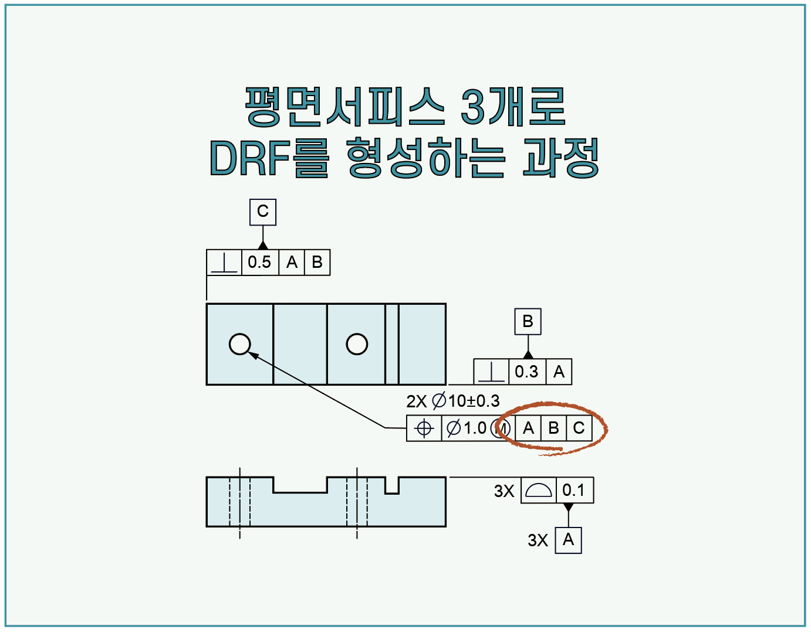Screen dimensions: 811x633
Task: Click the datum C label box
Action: [262, 212]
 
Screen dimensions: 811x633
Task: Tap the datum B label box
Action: [528, 322]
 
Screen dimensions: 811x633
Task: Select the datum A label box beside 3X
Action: [568, 540]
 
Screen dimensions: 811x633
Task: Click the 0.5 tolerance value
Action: [259, 262]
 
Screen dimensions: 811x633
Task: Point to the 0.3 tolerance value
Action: [526, 372]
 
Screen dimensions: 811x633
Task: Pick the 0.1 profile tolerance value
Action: [573, 490]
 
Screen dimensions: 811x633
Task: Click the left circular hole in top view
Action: [239, 344]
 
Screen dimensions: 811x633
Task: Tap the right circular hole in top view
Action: [357, 344]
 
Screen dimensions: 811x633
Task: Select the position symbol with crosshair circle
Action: [424, 428]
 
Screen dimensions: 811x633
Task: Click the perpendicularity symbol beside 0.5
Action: [224, 263]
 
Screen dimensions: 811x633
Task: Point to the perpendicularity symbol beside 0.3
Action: [491, 372]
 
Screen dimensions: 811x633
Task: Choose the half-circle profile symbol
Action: [538, 490]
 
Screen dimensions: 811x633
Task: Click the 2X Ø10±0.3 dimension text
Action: [452, 401]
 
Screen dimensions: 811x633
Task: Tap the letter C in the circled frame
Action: [579, 428]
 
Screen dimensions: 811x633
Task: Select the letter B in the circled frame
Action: [553, 428]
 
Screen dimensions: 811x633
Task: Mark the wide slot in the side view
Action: [300, 485]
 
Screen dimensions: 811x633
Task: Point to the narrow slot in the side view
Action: [392, 486]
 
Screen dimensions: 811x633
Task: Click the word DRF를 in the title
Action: [269, 158]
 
